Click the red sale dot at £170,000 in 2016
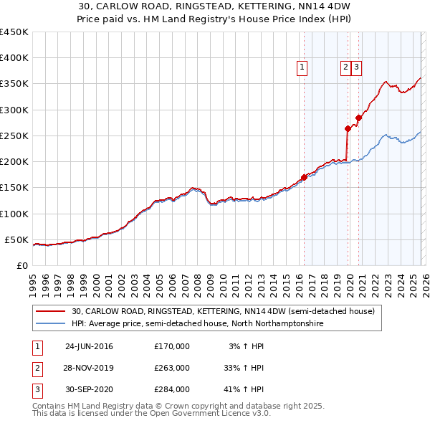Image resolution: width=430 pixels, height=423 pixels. [x=304, y=177]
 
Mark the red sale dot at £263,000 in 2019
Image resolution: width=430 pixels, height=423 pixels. [x=348, y=129]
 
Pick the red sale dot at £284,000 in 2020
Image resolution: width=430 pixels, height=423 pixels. [x=358, y=118]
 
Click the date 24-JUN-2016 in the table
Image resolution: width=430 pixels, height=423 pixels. [x=89, y=346]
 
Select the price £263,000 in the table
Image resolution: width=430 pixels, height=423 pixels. [x=172, y=368]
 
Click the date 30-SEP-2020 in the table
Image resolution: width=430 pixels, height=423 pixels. [x=89, y=389]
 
